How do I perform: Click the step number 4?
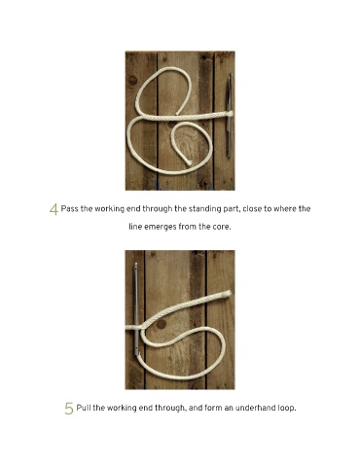[x=54, y=209]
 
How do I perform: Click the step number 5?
[x=69, y=409]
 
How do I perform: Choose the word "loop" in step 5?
[x=286, y=409]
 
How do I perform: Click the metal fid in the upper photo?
[x=229, y=115]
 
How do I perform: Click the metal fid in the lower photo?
[x=137, y=308]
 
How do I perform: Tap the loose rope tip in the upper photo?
[x=189, y=162]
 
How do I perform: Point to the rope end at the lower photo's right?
[x=227, y=294]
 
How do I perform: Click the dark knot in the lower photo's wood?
[x=162, y=324]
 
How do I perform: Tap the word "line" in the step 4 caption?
[x=135, y=227]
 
